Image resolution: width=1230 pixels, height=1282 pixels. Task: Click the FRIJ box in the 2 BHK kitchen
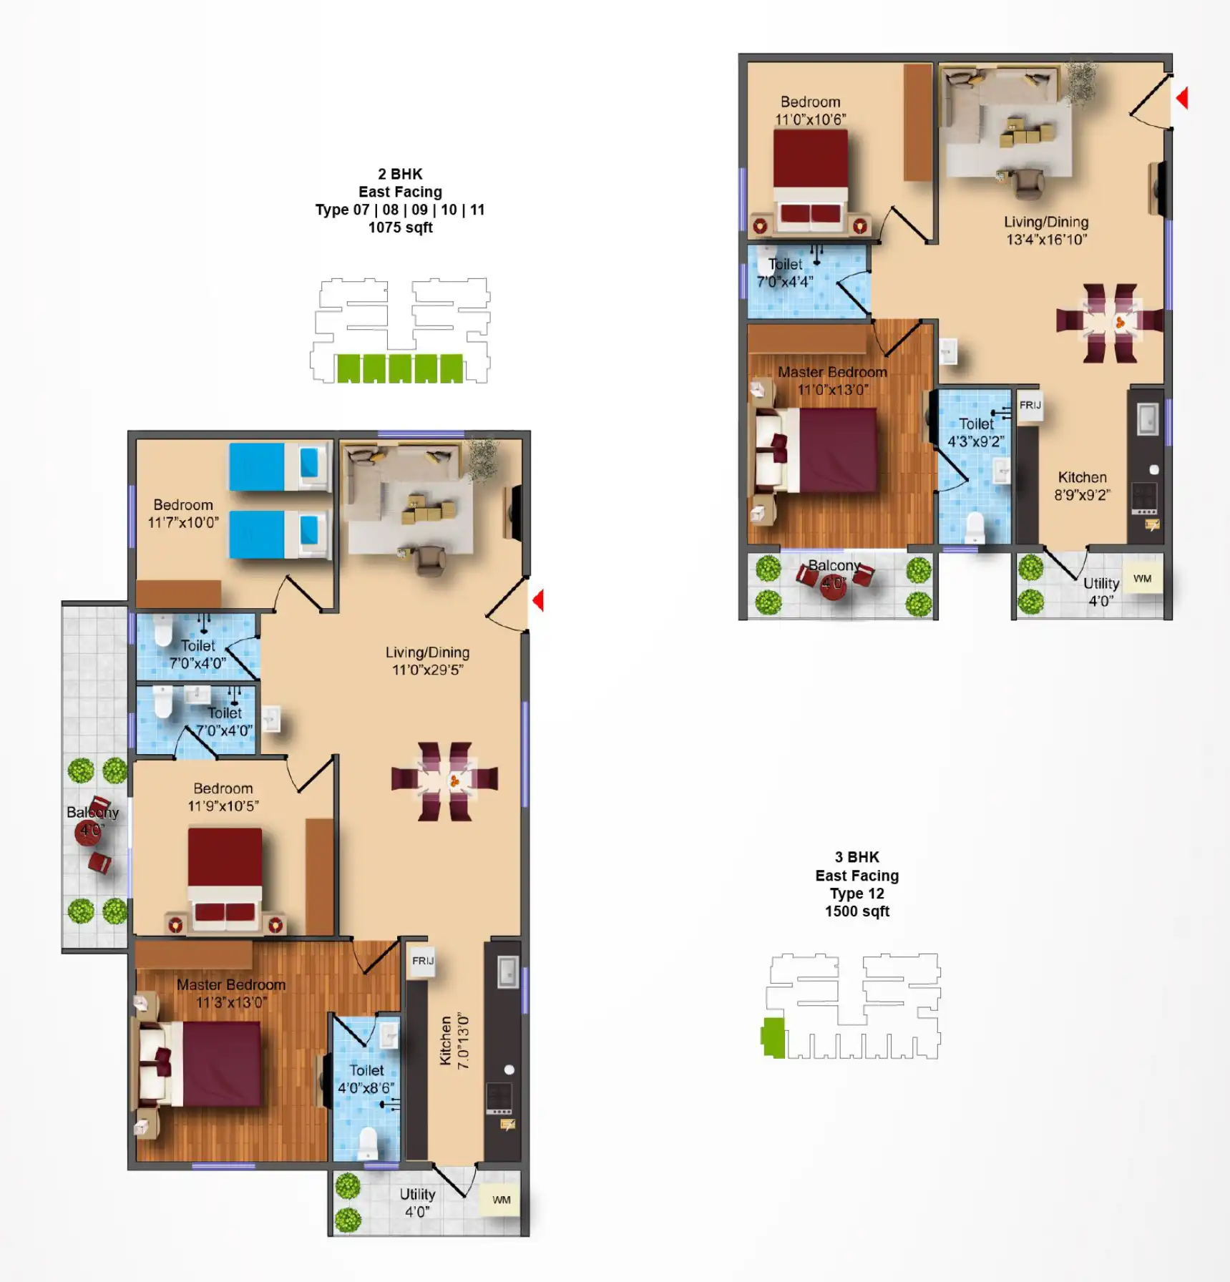point(422,961)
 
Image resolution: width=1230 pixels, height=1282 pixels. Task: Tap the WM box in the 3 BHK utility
point(1142,579)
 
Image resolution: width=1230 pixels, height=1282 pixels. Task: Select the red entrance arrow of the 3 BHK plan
point(1182,98)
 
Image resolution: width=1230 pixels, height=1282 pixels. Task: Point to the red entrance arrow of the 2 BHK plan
point(538,600)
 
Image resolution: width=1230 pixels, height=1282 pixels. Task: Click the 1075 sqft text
point(400,227)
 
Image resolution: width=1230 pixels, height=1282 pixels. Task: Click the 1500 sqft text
point(856,911)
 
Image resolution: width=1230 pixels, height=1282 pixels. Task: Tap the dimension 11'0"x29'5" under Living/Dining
point(427,670)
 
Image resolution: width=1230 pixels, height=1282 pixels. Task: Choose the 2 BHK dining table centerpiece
point(454,781)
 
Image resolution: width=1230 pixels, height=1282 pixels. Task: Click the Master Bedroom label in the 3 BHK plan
point(832,372)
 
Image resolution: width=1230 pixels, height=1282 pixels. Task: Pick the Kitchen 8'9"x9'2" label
point(1082,486)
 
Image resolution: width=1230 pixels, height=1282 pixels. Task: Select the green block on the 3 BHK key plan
point(773,1037)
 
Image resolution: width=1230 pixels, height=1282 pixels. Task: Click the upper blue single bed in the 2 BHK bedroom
point(279,466)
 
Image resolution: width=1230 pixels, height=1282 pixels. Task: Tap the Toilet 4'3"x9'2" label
point(975,433)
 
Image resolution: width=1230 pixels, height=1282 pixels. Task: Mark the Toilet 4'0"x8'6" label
point(366,1079)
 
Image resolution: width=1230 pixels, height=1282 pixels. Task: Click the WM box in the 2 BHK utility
point(502,1200)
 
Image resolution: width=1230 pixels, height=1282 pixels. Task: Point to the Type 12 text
point(856,894)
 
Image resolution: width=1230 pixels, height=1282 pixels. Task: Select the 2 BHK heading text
point(400,174)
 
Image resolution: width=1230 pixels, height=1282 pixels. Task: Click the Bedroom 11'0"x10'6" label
point(810,111)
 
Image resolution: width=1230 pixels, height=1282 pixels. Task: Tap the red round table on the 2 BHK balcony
point(88,832)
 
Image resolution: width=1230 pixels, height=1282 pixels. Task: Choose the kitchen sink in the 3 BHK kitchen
point(1147,419)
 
